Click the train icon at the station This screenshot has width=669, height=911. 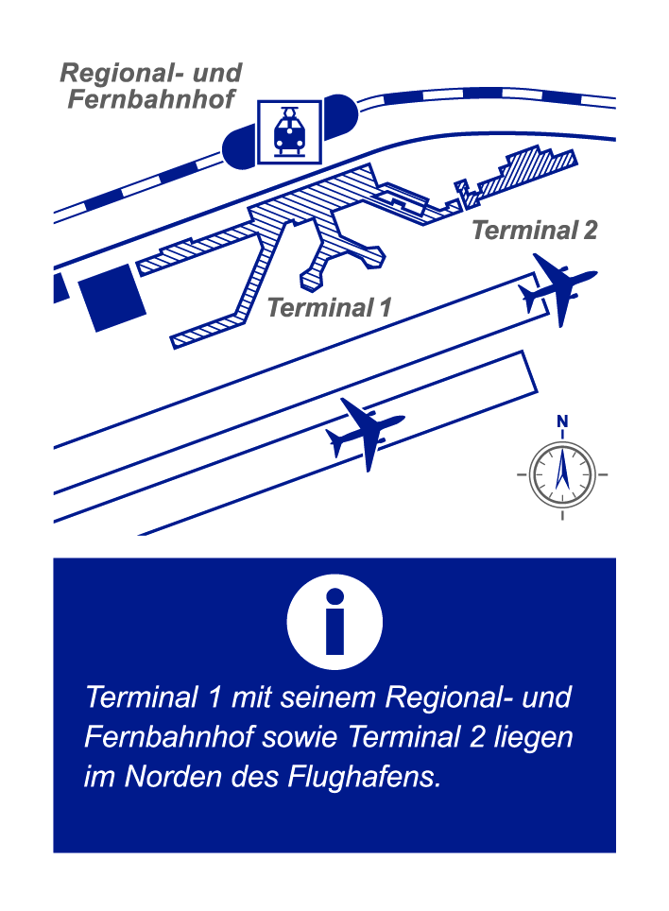tap(289, 131)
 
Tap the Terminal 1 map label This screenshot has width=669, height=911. tap(329, 307)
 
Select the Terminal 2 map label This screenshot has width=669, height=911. tap(534, 230)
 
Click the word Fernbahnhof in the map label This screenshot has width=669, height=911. tap(151, 99)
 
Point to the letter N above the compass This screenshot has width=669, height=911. tap(562, 421)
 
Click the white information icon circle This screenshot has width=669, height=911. tap(334, 622)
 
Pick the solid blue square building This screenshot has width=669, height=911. tap(112, 298)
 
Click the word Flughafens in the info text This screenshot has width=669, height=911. tap(364, 778)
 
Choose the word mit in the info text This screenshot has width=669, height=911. tap(251, 697)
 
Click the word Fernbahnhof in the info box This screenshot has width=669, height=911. tap(169, 737)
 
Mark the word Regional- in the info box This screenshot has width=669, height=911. tap(449, 697)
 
